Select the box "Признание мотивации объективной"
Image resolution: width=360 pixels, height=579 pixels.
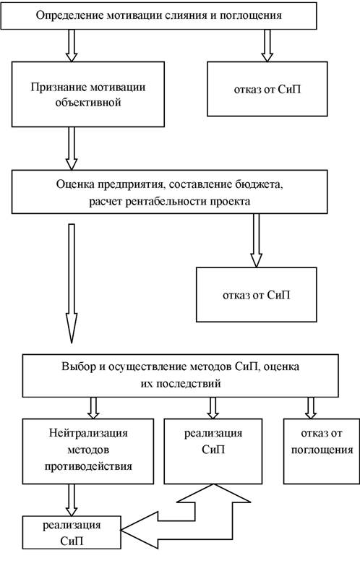tap(88, 94)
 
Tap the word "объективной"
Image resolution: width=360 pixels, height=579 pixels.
tap(88, 103)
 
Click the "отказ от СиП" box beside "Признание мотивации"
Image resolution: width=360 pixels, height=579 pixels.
tap(267, 89)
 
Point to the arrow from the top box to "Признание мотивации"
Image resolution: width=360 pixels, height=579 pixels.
tap(72, 45)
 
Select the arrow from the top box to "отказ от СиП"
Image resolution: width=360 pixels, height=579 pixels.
tap(267, 45)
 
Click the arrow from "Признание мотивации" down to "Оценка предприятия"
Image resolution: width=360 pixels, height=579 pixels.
tap(72, 148)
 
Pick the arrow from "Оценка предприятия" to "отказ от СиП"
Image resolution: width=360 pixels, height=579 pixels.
tap(256, 241)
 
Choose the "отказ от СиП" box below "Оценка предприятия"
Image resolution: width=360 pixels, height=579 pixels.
tap(256, 295)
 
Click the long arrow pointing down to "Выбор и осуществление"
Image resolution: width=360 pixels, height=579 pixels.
tap(72, 283)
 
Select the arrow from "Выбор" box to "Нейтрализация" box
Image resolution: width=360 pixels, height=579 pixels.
tap(93, 408)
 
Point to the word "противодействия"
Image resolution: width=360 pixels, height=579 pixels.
tap(88, 466)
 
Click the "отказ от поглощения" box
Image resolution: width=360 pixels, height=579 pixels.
tap(322, 451)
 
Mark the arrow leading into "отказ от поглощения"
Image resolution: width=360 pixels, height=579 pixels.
tap(311, 408)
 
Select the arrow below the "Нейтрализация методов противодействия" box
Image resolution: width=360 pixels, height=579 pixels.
tap(72, 500)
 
